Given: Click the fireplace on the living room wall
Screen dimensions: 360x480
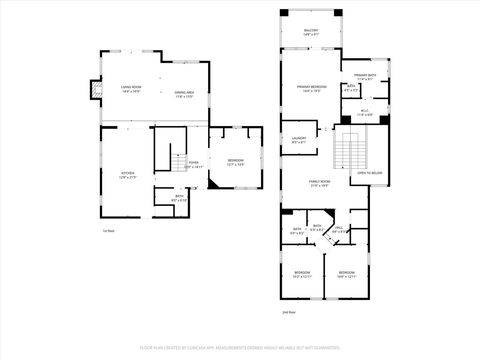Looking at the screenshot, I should click(95, 91).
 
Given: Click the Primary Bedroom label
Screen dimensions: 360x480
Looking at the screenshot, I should click(311, 88).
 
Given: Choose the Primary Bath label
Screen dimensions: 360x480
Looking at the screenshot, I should click(364, 76).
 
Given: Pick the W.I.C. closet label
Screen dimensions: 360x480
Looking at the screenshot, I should click(365, 113).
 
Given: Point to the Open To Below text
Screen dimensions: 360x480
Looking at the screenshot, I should click(370, 172).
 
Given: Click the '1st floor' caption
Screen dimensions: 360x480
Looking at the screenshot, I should click(106, 231).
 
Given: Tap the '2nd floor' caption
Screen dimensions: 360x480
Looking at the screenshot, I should click(288, 312).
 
